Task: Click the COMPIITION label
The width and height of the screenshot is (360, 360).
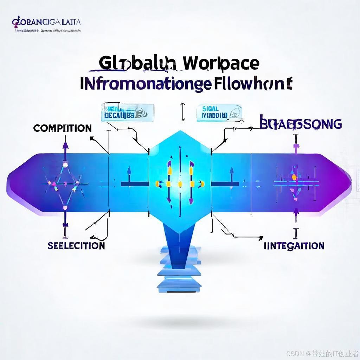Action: tap(62, 128)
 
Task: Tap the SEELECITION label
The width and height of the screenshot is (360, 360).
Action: tap(76, 245)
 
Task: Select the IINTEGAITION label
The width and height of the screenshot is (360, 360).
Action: tap(294, 246)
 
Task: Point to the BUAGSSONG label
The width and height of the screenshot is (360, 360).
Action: tap(300, 124)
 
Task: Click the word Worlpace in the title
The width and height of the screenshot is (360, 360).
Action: tap(221, 63)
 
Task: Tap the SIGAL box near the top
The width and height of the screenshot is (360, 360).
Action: tap(219, 112)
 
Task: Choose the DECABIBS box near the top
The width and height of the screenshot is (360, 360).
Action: tap(127, 112)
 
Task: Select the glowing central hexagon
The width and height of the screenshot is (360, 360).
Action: tap(180, 181)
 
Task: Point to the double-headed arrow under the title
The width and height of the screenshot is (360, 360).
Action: tap(182, 112)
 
